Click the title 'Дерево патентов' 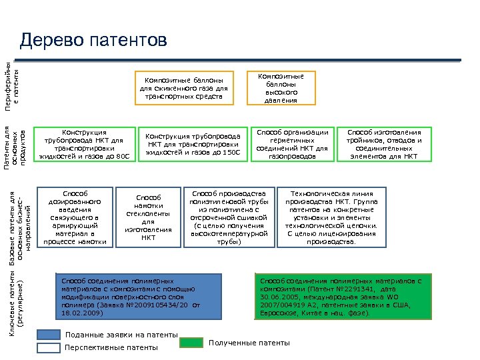click(93, 41)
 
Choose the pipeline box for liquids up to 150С click(193, 143)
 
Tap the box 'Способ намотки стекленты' click(148, 217)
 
